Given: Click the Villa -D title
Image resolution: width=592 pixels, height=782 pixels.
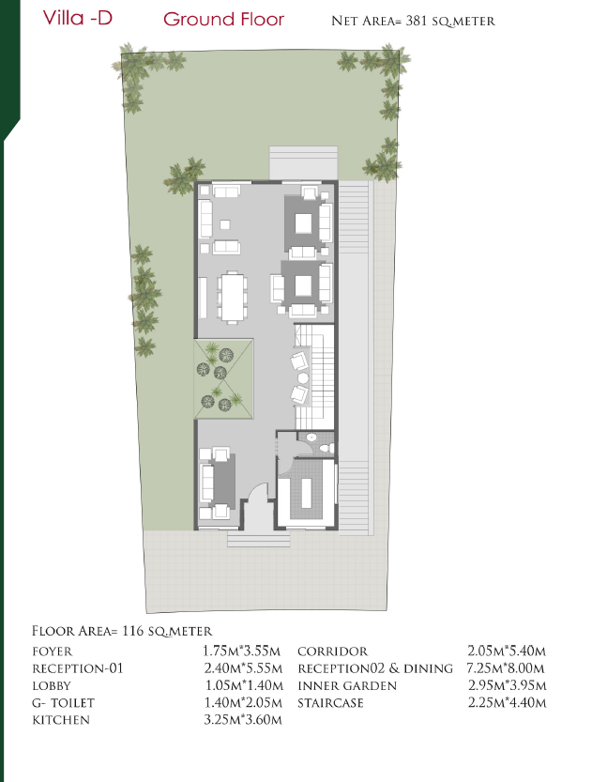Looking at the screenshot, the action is coord(78,18).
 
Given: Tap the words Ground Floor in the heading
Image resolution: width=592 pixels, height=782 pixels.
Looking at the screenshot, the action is coord(223,20).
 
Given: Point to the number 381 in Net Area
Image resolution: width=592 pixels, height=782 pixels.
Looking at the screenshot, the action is coord(417,21).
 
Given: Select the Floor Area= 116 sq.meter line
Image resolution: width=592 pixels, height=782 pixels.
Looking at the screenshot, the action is coord(122,631).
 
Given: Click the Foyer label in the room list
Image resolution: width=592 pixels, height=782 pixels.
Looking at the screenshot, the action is coord(53,652).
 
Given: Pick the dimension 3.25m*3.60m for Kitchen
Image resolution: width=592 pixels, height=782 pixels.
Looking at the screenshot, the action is coord(243,720).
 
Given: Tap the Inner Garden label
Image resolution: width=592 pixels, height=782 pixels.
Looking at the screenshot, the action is coord(347,685).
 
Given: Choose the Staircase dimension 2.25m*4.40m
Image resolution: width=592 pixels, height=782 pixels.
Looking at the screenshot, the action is coord(507,703).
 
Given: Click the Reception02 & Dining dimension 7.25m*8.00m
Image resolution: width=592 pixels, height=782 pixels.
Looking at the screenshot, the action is coord(506,668).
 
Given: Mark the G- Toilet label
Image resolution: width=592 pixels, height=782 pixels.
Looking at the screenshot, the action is coord(63,703).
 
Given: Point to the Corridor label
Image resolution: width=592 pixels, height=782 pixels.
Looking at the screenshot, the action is coord(332,652).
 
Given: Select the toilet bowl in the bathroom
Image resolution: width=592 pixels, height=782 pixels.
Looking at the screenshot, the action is coord(326,449).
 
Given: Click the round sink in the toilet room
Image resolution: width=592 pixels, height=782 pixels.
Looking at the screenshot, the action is coord(311,437).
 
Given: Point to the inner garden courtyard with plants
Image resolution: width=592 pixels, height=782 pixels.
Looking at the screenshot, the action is coord(223,379).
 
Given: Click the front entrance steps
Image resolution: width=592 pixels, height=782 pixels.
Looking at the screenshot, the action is coord(259,539).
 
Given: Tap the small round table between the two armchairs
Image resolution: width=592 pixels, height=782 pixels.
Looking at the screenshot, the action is coord(303,377).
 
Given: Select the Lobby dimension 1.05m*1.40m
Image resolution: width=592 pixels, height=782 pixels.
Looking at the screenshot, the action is coord(244,685).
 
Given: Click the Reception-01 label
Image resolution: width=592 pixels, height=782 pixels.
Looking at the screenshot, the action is coord(77,668).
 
